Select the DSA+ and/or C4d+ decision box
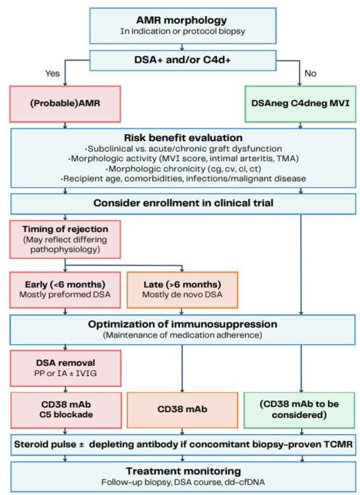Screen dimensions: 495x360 [x=179, y=58]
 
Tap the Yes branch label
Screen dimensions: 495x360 [x=52, y=73]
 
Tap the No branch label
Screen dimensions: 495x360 [x=310, y=73]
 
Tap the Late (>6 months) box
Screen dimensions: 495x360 [x=181, y=289]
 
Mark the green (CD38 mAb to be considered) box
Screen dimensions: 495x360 [x=301, y=409]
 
